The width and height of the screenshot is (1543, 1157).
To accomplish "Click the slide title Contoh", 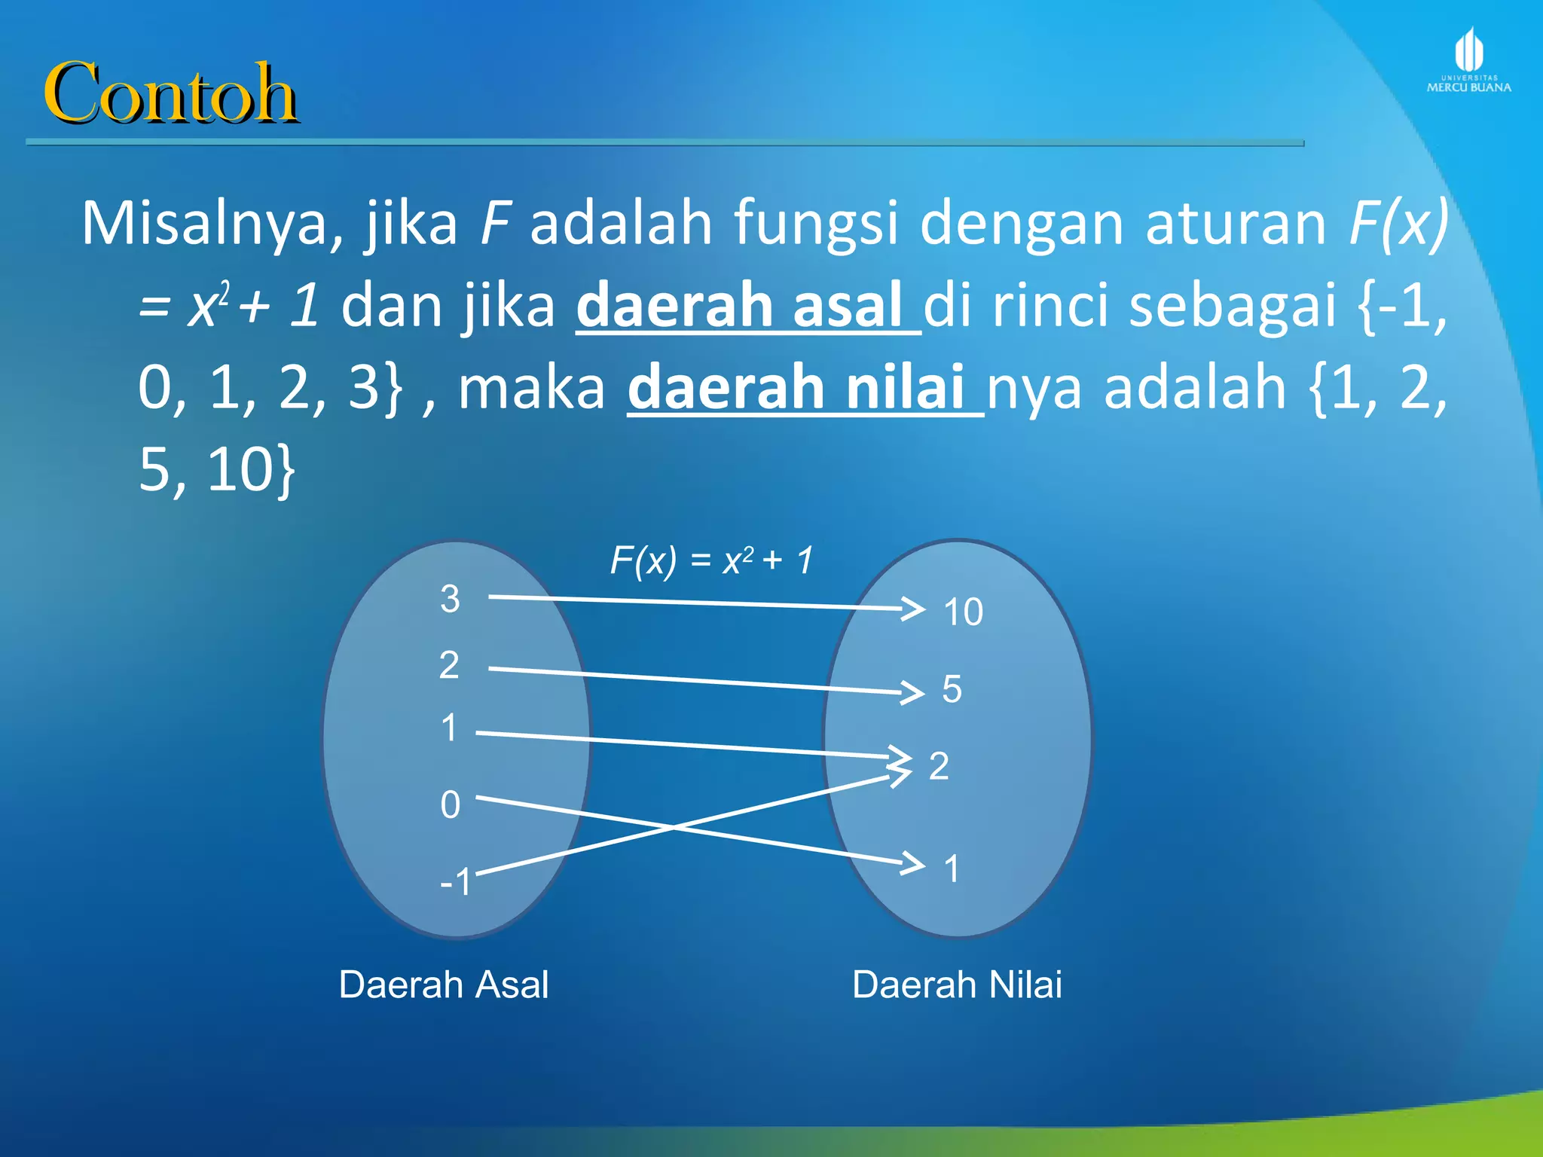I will (170, 93).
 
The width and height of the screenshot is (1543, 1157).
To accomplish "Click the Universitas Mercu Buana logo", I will (1468, 60).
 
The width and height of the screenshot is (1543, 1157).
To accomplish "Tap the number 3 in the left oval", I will (450, 600).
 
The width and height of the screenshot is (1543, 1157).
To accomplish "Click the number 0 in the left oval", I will (451, 805).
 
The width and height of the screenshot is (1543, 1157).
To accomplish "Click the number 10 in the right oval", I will (963, 612).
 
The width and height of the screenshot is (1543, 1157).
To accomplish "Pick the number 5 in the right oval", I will (952, 689).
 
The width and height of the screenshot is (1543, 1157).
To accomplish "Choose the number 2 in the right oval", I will (939, 767).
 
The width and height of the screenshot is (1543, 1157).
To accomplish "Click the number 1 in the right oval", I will (952, 869).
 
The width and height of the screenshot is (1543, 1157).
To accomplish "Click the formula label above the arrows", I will (711, 560).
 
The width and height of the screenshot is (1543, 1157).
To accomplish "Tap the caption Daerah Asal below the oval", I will (444, 985).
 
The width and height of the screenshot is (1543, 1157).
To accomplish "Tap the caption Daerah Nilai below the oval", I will (957, 985).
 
